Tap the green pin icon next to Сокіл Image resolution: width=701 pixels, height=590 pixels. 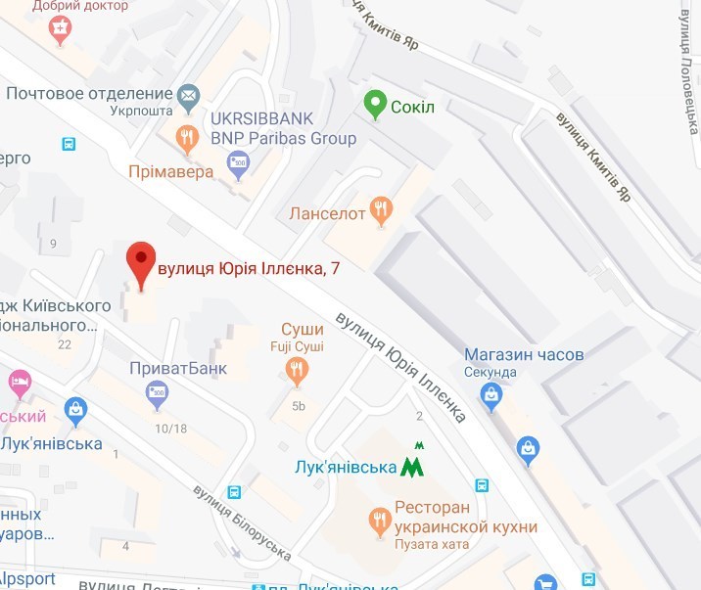[374, 104]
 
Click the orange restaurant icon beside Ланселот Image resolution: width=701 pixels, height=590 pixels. [383, 210]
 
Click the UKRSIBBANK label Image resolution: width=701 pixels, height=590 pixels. [262, 118]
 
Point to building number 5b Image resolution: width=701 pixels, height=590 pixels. [299, 406]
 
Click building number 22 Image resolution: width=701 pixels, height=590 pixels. [66, 343]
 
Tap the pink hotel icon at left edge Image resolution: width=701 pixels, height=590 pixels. [18, 380]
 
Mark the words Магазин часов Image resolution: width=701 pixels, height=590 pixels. [524, 353]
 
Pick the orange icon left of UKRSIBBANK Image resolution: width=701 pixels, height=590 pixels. [186, 139]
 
